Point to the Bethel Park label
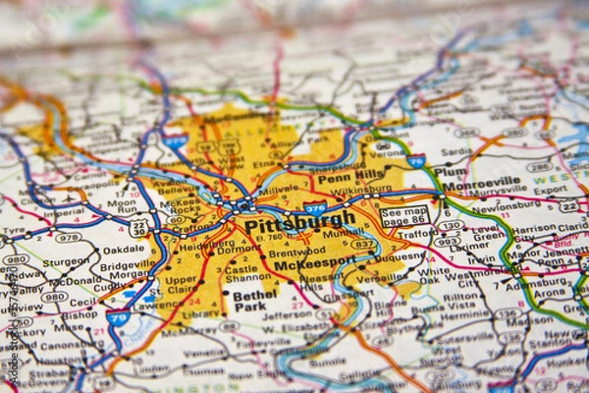pos(254,300)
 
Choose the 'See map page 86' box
pos(404,216)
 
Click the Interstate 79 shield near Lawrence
pos(119,317)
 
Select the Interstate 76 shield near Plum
pos(416,160)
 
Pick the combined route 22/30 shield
pos(138,228)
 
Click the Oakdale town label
pos(124,250)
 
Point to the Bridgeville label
pos(127,266)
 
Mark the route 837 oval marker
pos(362,244)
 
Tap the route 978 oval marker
pos(68,237)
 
